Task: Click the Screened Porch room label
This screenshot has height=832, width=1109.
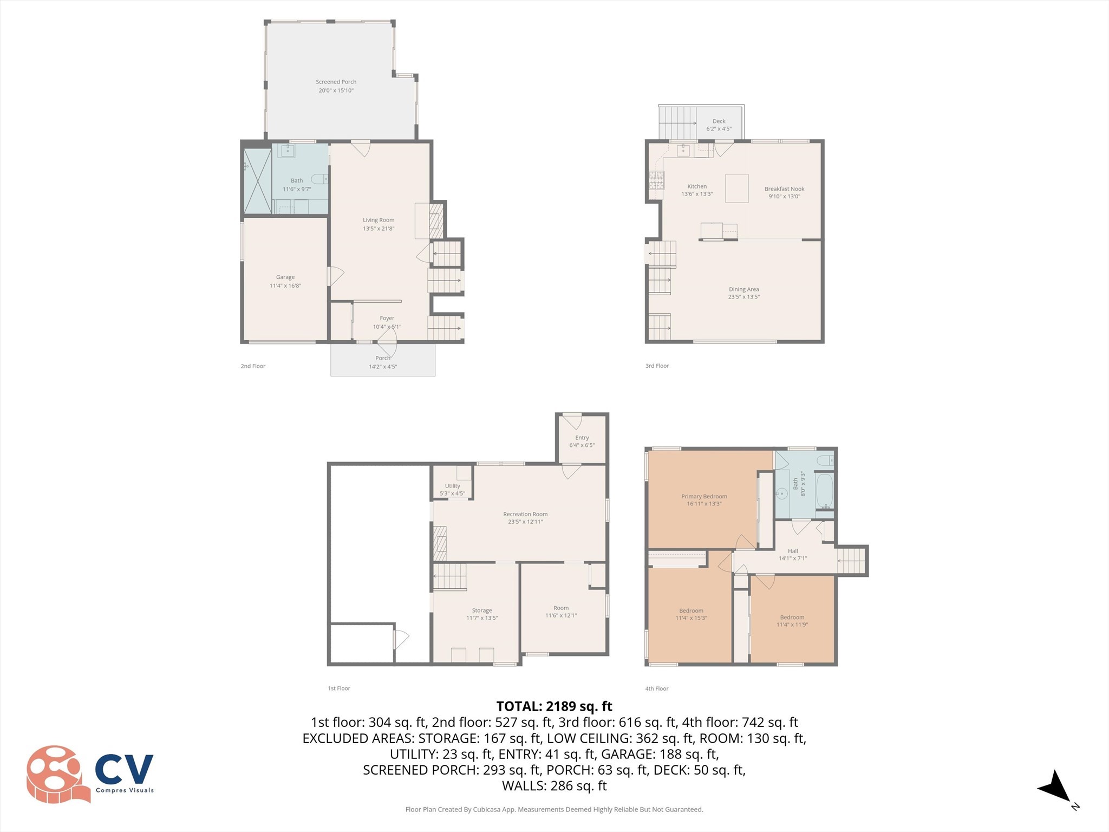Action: coord(336,82)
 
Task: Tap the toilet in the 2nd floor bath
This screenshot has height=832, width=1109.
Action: coord(319,179)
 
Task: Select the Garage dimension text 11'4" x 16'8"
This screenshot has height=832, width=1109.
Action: coord(285,285)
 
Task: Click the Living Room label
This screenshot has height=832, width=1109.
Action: coord(379,220)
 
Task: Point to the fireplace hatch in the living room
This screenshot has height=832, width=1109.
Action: coord(436,220)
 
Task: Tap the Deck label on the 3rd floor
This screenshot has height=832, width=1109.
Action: coord(719,121)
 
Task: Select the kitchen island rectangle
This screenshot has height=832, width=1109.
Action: coord(736,188)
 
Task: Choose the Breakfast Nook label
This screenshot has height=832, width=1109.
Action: coord(784,189)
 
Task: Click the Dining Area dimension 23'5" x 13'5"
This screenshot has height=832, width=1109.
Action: coord(743,297)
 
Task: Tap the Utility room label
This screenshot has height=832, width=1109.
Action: coord(452,486)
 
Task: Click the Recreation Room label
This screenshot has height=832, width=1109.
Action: coord(525,514)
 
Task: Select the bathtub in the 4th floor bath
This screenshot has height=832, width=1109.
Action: coord(824,491)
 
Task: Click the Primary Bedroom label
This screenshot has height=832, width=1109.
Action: coord(703,496)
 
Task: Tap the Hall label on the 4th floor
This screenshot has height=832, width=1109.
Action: coord(793,551)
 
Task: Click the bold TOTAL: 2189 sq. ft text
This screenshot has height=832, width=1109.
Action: coord(554,706)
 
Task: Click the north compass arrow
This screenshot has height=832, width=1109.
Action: coord(1055,786)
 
